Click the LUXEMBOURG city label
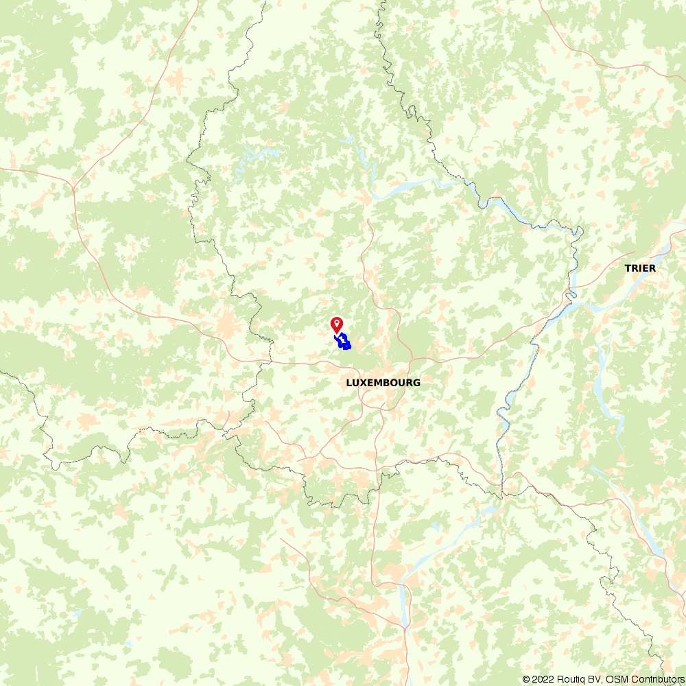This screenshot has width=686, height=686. pyautogui.click(x=383, y=383)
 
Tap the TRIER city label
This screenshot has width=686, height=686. pyautogui.click(x=640, y=268)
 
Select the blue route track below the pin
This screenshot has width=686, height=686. pyautogui.click(x=343, y=341)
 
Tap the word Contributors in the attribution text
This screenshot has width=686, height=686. pyautogui.click(x=654, y=679)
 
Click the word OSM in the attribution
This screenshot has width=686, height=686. pyautogui.click(x=613, y=679)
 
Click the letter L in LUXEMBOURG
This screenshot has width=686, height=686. pyautogui.click(x=348, y=383)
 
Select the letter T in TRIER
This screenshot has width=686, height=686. pyautogui.click(x=627, y=268)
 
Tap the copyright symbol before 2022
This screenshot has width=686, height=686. pyautogui.click(x=526, y=679)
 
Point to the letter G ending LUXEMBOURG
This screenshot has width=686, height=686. pyautogui.click(x=417, y=383)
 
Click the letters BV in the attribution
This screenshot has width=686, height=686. pyautogui.click(x=591, y=679)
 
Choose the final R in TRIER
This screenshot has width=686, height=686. pyautogui.click(x=652, y=268)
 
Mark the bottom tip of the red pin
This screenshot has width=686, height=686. pyautogui.click(x=337, y=333)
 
